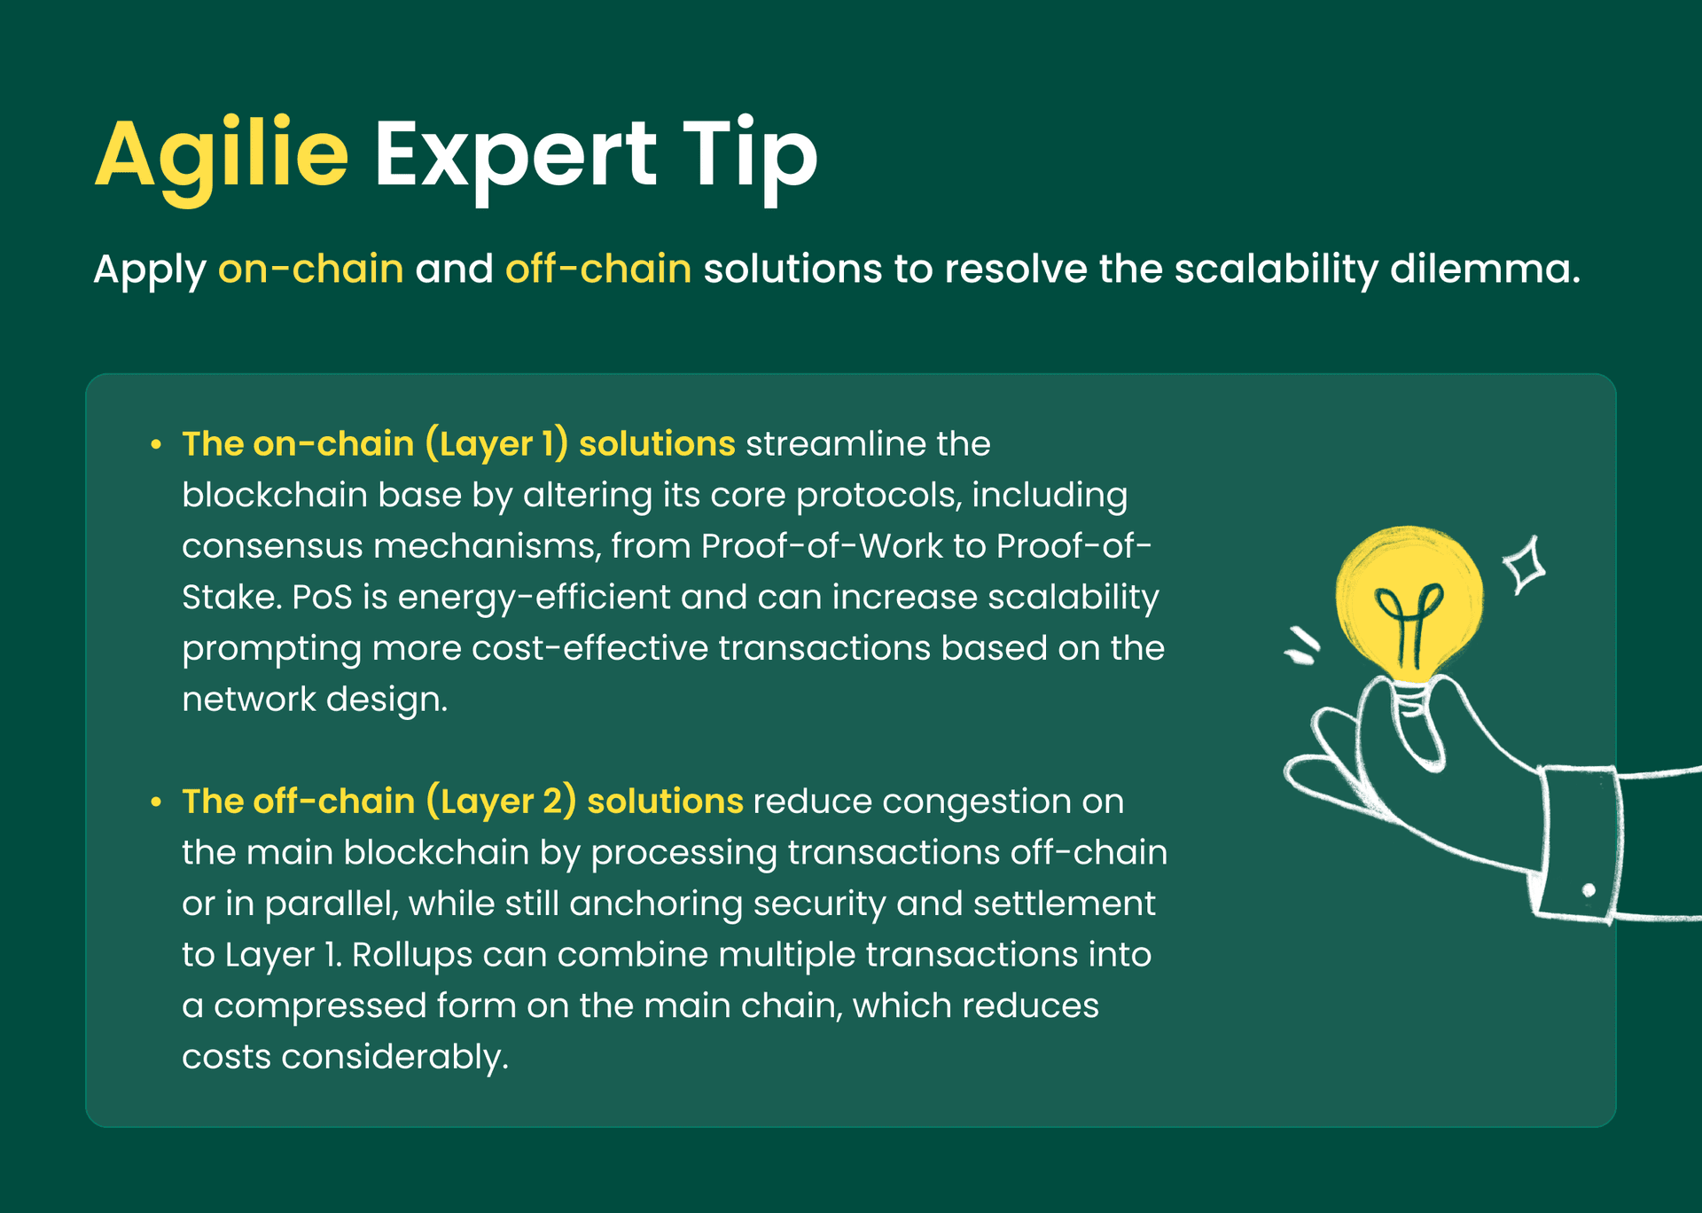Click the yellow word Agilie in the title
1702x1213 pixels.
tap(222, 155)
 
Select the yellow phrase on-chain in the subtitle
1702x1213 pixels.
tap(310, 269)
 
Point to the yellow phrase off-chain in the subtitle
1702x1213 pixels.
tap(598, 269)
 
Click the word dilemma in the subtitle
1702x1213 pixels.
tap(1484, 269)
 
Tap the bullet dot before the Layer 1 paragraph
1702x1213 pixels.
tap(156, 444)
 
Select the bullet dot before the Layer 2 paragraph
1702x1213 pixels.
tap(156, 802)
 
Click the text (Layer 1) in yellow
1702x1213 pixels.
tap(496, 444)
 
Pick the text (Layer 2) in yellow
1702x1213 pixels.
tap(501, 802)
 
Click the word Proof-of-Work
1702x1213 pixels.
tap(821, 546)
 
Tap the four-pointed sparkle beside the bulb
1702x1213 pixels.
tap(1525, 565)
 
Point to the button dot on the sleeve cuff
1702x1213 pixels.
tap(1589, 889)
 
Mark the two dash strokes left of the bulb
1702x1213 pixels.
tap(1302, 646)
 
